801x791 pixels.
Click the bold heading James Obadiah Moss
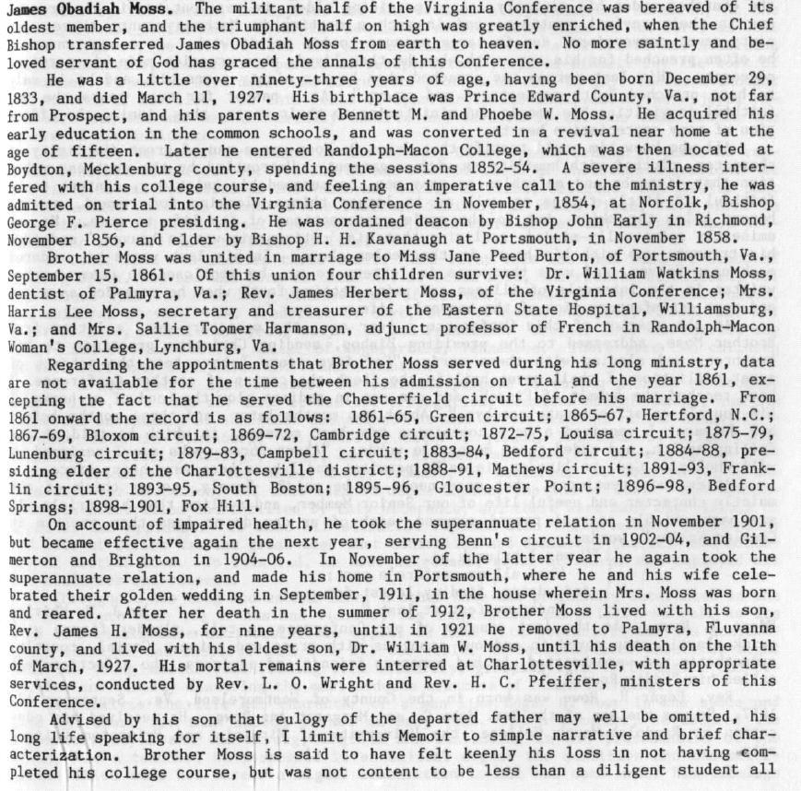click(88, 10)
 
